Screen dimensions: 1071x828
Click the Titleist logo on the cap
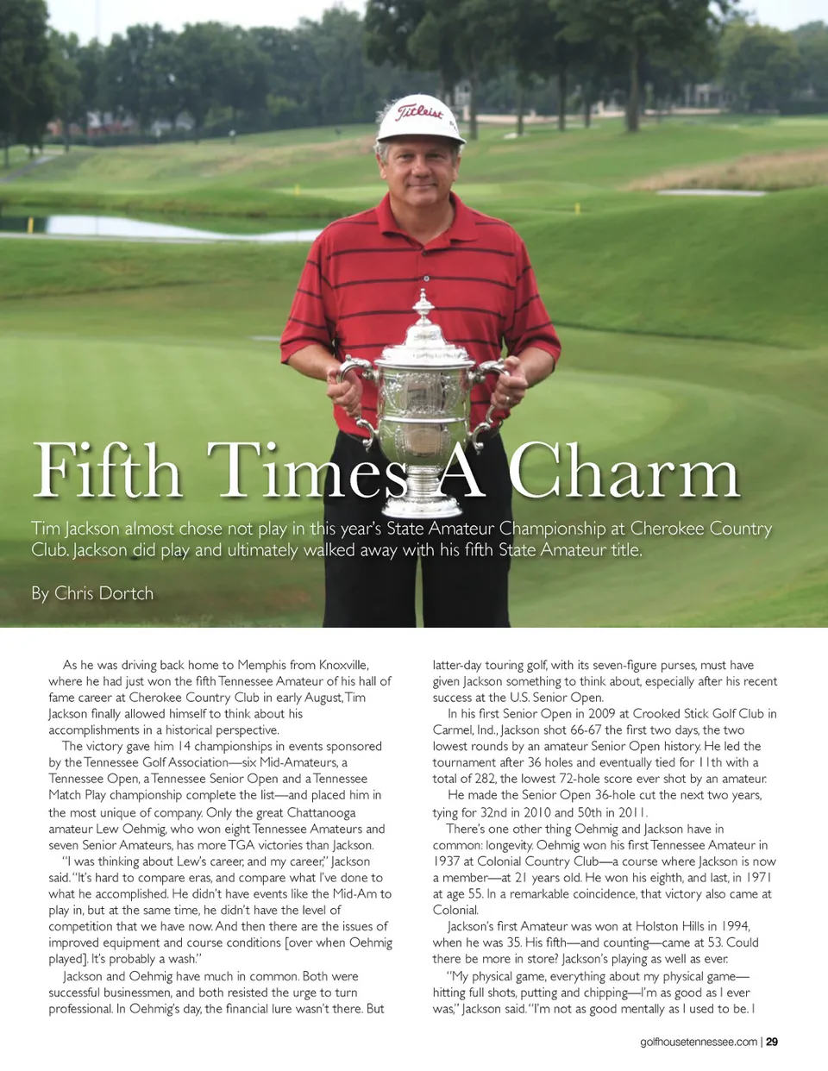[420, 112]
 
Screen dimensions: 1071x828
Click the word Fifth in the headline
[107, 470]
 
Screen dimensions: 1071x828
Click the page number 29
[772, 1042]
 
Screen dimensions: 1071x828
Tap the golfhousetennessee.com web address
[699, 1042]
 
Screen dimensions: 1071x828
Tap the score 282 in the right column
[484, 779]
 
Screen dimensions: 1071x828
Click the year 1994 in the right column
[735, 926]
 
